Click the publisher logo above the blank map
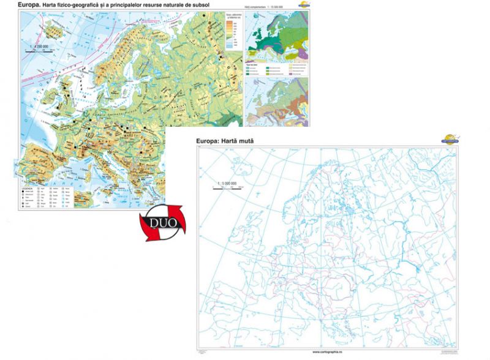click(450, 139)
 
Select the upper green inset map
click(277, 36)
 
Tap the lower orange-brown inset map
click(277, 102)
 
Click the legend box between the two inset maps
click(277, 70)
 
